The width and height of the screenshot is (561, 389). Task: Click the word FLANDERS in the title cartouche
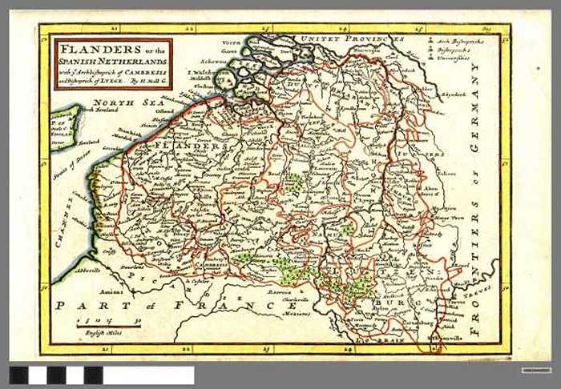pyautogui.click(x=84, y=47)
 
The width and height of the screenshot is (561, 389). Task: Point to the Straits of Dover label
pyautogui.click(x=71, y=166)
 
